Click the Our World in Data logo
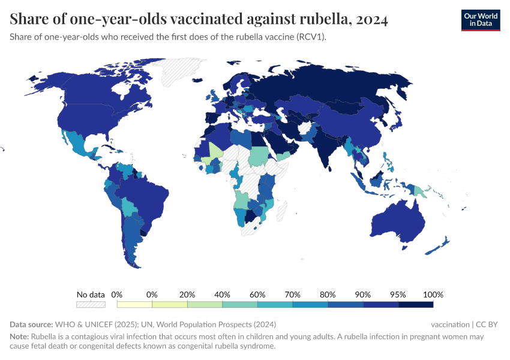click(x=480, y=20)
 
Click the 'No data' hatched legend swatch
click(x=91, y=305)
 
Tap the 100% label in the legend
click(x=433, y=295)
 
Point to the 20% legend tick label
click(x=187, y=295)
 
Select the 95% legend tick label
click(x=398, y=295)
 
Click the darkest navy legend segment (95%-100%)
click(x=415, y=305)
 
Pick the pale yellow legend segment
click(x=134, y=305)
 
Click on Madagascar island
click(x=281, y=210)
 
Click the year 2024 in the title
click(x=371, y=19)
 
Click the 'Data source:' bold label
click(x=31, y=325)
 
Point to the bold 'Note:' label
click(x=20, y=337)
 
